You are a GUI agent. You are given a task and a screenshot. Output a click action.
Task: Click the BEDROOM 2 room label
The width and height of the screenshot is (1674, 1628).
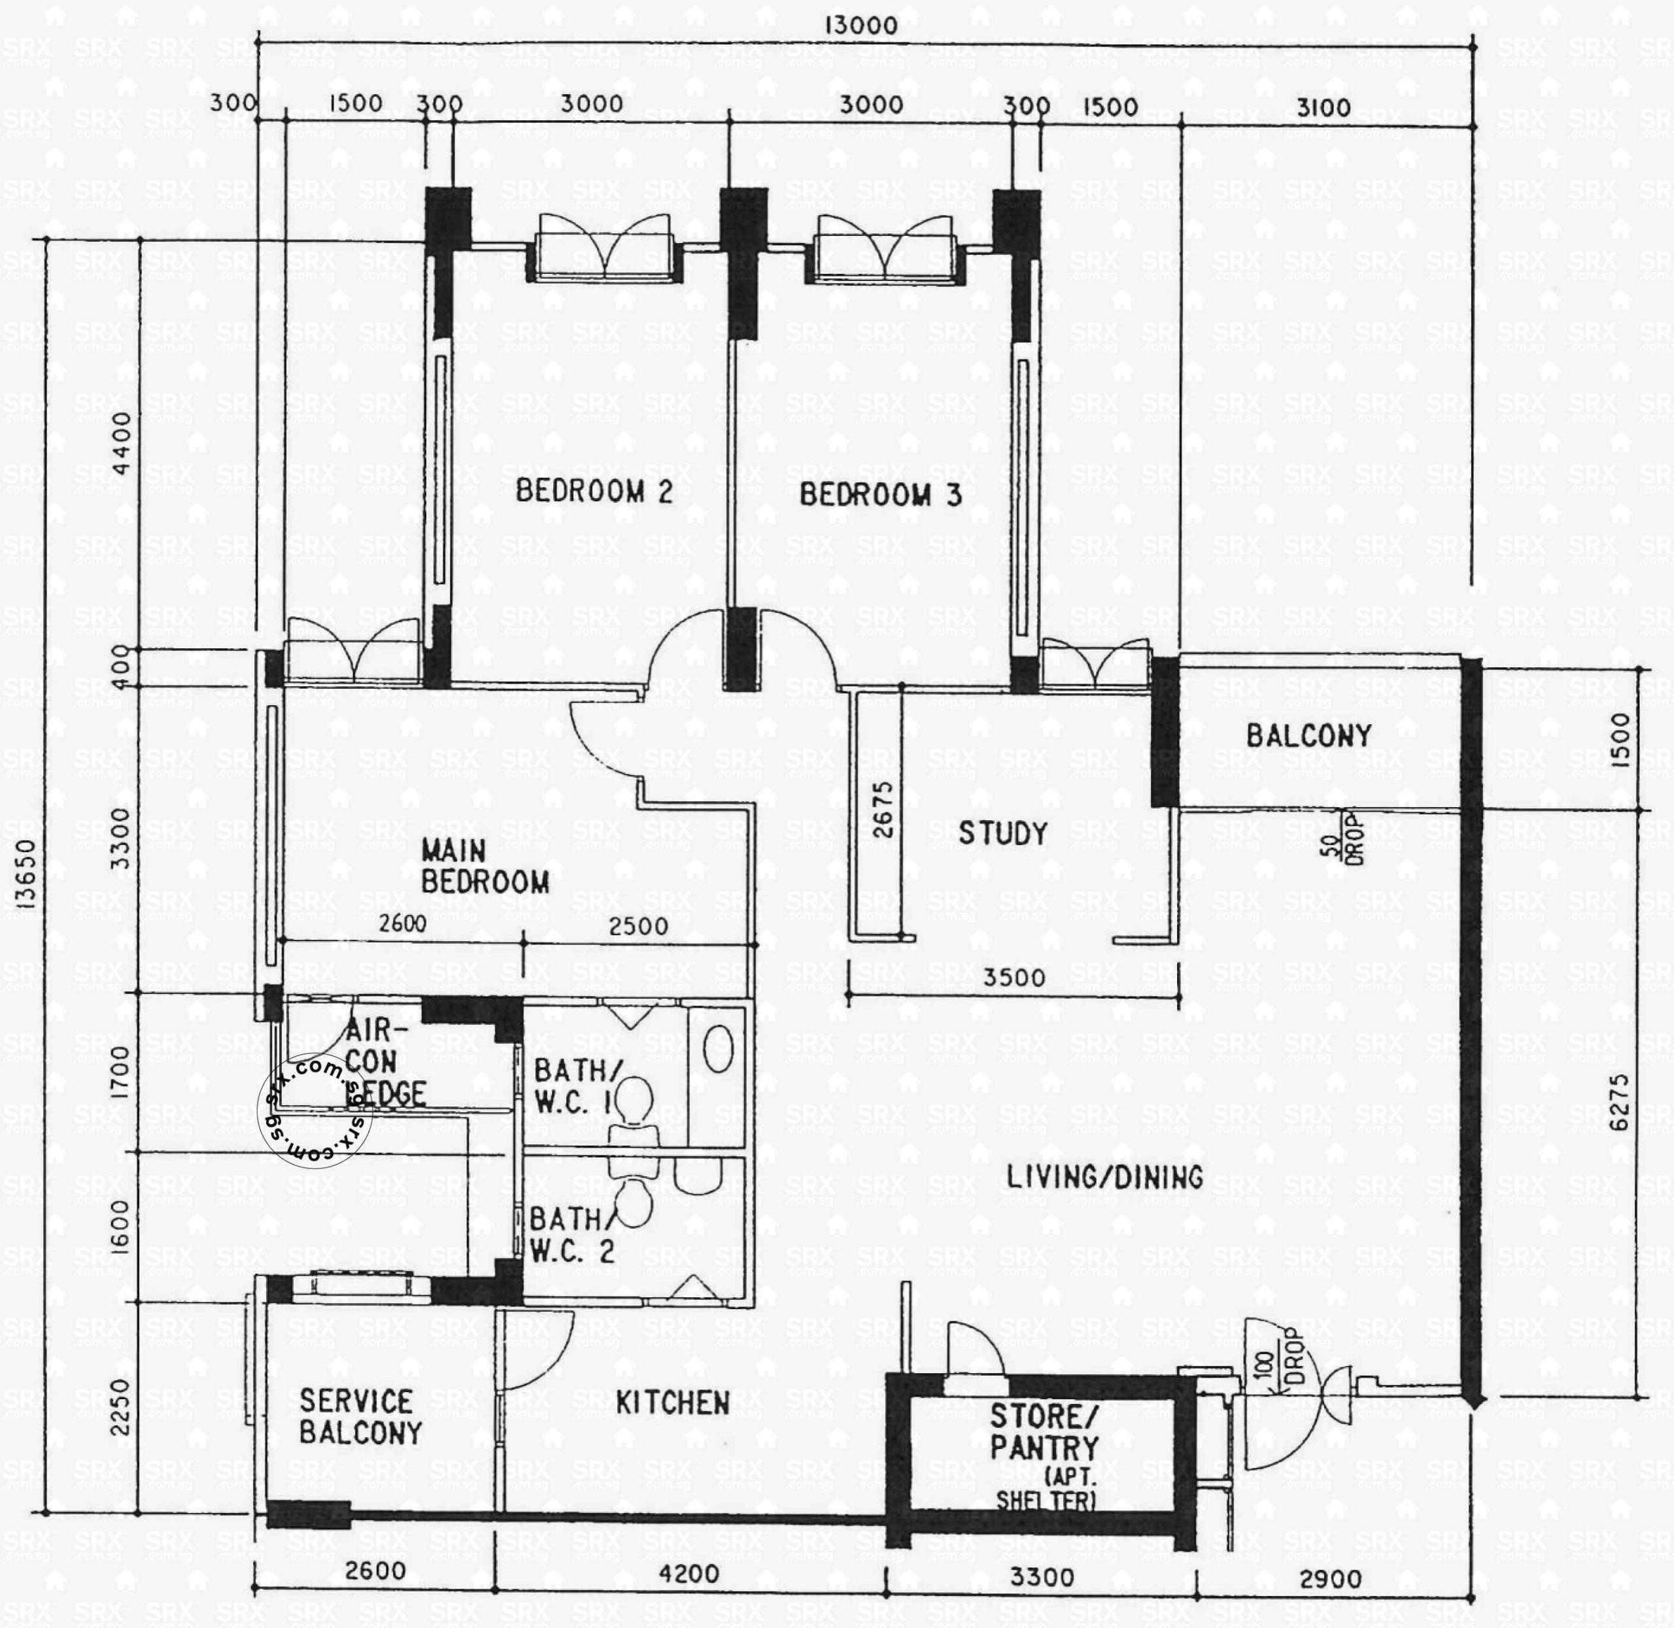pos(594,491)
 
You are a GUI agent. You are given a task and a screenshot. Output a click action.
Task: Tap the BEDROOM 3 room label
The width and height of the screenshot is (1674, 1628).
pos(880,495)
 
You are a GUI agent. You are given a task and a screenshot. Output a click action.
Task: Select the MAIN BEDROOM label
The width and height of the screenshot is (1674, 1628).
pos(484,866)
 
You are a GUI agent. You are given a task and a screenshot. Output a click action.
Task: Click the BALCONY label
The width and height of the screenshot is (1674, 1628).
pos(1308,735)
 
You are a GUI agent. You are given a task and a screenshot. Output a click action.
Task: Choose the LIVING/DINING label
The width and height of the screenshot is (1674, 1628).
pos(1104,1178)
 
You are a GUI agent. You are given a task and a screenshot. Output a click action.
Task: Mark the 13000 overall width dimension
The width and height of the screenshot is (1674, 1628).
pos(861,25)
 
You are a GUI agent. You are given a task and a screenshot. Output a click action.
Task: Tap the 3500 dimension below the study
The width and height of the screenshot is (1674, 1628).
pos(1014,977)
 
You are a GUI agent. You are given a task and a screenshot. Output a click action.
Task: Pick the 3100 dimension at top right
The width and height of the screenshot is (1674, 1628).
pos(1324,108)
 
